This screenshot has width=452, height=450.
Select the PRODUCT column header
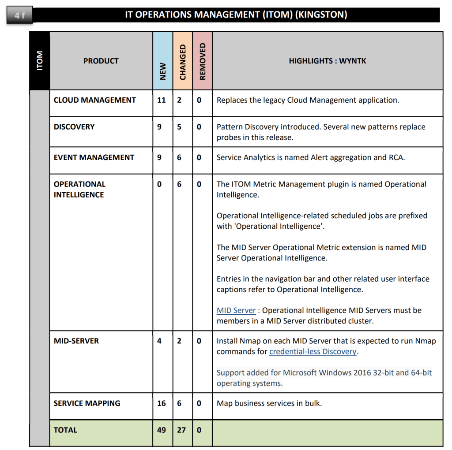click(x=101, y=61)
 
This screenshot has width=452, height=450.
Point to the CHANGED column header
click(x=183, y=62)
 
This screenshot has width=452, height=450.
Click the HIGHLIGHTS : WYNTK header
click(x=327, y=61)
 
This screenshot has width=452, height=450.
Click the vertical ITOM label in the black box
click(x=40, y=60)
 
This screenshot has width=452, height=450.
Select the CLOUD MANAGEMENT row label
click(x=94, y=100)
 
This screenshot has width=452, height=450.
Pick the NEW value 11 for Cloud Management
click(x=162, y=100)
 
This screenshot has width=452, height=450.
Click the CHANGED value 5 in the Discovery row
click(x=179, y=127)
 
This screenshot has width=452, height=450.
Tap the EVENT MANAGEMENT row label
click(x=94, y=157)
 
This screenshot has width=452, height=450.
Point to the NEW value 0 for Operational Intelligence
click(x=159, y=184)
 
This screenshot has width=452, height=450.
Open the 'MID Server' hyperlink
click(x=236, y=310)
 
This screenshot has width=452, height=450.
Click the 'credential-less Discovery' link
click(x=313, y=352)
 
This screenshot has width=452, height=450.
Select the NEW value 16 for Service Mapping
click(x=162, y=403)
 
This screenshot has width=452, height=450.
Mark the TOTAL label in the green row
click(x=65, y=430)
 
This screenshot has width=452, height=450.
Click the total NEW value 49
click(x=162, y=430)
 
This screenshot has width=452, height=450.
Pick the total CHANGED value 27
click(x=181, y=430)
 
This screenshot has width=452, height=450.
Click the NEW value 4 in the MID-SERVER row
click(x=159, y=341)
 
